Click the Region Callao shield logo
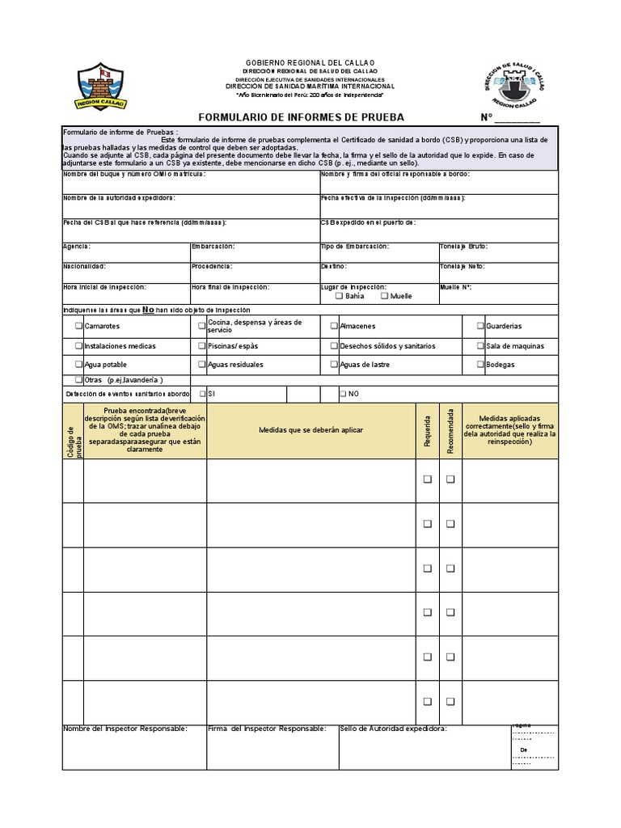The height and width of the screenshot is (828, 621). click(x=99, y=87)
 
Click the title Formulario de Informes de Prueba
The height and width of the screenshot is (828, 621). click(x=301, y=117)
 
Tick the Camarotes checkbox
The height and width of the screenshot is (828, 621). click(x=78, y=326)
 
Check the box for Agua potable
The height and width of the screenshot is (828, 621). click(x=78, y=365)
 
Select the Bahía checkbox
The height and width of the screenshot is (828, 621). click(x=339, y=296)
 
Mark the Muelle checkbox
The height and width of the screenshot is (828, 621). click(x=384, y=296)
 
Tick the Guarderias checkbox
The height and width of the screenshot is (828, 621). click(x=480, y=326)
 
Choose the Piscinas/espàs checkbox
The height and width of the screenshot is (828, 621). click(x=201, y=345)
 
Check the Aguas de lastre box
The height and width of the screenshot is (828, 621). click(x=334, y=365)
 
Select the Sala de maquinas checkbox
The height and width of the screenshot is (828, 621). click(x=480, y=345)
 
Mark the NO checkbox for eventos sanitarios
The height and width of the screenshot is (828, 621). click(x=343, y=394)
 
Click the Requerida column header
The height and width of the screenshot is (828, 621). click(x=427, y=431)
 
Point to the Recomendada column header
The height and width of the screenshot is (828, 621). click(x=450, y=431)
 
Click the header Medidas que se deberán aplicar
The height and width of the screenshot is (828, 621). click(x=311, y=430)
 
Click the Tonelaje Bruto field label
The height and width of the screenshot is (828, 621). click(x=463, y=247)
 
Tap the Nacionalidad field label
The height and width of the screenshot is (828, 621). click(x=84, y=266)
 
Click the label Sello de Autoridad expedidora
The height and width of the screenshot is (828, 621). click(x=393, y=729)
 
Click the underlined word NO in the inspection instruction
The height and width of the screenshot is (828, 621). click(x=148, y=310)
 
